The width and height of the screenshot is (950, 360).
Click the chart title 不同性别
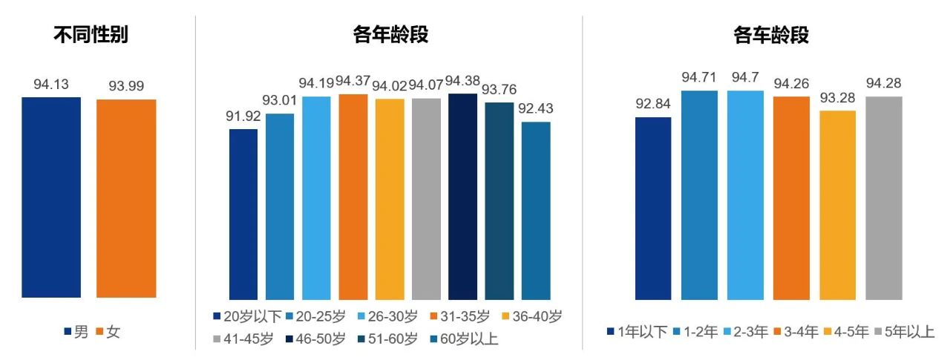tap(91, 35)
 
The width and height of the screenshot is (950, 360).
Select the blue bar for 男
tap(51, 197)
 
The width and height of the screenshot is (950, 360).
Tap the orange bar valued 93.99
tap(126, 198)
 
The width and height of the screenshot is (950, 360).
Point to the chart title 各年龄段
tap(390, 35)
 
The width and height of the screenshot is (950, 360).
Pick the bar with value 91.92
tap(243, 214)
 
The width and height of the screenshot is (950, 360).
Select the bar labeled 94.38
tap(463, 196)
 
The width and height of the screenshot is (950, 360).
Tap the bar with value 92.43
tap(536, 210)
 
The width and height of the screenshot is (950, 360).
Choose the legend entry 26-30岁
tap(390, 317)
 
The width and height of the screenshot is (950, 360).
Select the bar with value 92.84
tap(653, 208)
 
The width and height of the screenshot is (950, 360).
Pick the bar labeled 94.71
tap(700, 195)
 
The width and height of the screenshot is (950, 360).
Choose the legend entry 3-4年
tap(796, 333)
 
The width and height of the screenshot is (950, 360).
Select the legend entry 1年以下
tap(636, 333)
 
